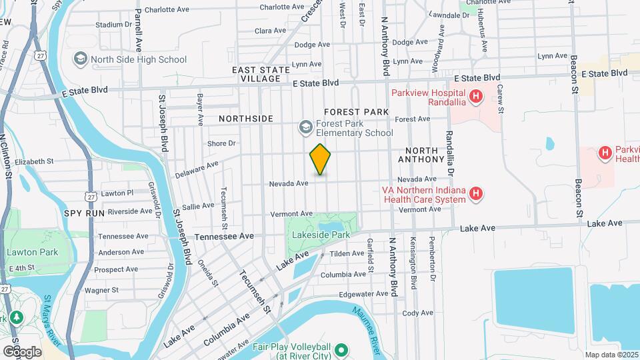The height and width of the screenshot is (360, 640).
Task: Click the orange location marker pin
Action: coord(321,159)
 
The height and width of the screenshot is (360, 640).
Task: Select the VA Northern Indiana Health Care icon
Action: coord(475,194)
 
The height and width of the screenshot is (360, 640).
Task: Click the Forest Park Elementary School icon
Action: coord(305,127)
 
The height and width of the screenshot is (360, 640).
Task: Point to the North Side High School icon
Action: coord(81,59)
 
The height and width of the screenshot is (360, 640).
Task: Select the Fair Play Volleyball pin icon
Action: coord(341,349)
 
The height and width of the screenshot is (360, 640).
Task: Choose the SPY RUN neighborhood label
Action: coord(85,213)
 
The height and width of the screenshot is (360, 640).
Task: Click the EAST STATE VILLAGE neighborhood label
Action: coord(257,74)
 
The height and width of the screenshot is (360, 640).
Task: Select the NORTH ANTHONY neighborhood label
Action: coord(421,155)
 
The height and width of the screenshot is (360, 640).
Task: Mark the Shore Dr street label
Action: coord(222,143)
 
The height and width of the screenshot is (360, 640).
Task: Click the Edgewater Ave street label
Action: coord(363,293)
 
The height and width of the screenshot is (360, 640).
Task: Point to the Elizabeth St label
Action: coord(33,161)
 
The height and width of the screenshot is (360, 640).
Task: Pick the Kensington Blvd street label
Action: coord(413,263)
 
